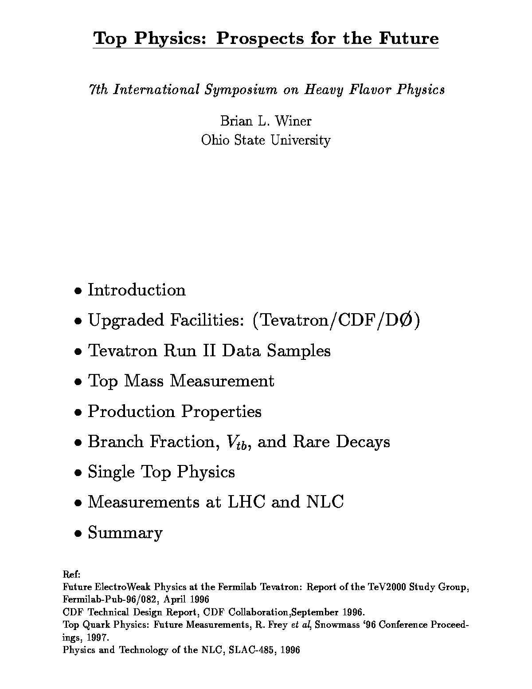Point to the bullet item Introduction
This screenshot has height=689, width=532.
pos(137,290)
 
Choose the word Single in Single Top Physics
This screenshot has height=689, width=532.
pos(111,472)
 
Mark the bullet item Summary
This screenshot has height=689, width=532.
pos(125,532)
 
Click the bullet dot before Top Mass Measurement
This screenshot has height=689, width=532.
pos(78,382)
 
